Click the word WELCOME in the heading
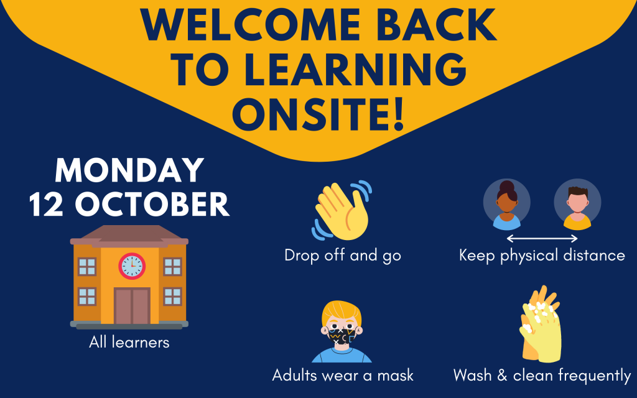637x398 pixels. [x=250, y=24]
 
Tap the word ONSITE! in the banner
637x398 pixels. [x=318, y=113]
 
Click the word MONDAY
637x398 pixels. [x=129, y=170]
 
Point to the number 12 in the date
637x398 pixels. [x=46, y=203]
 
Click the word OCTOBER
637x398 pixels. [x=152, y=203]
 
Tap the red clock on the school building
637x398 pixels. [x=132, y=266]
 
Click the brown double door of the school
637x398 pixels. [x=132, y=306]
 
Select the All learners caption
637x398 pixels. [x=129, y=343]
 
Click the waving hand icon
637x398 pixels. [x=342, y=210]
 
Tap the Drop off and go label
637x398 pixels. [x=343, y=256]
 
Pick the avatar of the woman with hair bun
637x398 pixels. [x=506, y=204]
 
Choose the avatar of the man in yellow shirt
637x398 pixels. [x=577, y=204]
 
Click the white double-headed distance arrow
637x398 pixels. [x=542, y=238]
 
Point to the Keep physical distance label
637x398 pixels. [x=542, y=256]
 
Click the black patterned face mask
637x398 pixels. [x=342, y=336]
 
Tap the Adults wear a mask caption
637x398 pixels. [x=343, y=375]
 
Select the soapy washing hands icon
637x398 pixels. [x=541, y=323]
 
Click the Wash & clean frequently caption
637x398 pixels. [x=542, y=376]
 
